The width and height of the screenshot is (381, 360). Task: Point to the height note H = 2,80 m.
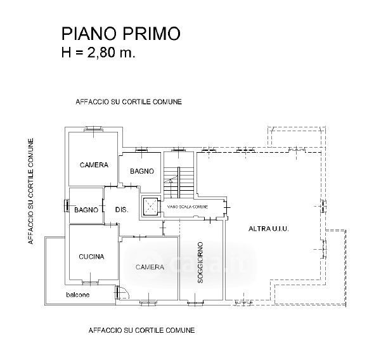coord(98,53)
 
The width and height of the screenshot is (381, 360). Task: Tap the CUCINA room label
coord(91,257)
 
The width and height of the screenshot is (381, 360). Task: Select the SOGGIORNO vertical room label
coord(200,262)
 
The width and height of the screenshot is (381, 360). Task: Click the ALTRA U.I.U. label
coord(269,228)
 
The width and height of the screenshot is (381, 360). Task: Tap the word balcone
coord(78,295)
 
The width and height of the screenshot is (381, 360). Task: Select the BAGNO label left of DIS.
coord(85,210)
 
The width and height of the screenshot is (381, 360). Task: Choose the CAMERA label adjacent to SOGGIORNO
coord(150,267)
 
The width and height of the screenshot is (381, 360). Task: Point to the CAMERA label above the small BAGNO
coord(94,165)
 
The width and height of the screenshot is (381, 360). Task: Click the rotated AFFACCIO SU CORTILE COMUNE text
coord(30,192)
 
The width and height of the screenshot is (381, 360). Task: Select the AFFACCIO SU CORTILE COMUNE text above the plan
coord(129,102)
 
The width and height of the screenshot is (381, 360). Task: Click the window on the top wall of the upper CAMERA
coord(94,130)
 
